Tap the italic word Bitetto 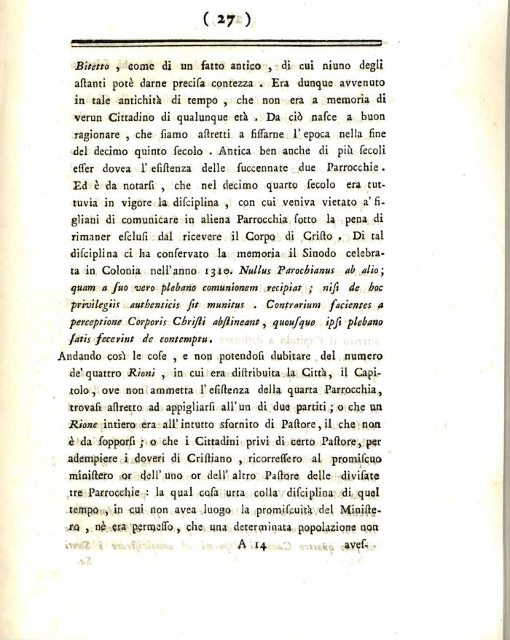(x=92, y=65)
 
